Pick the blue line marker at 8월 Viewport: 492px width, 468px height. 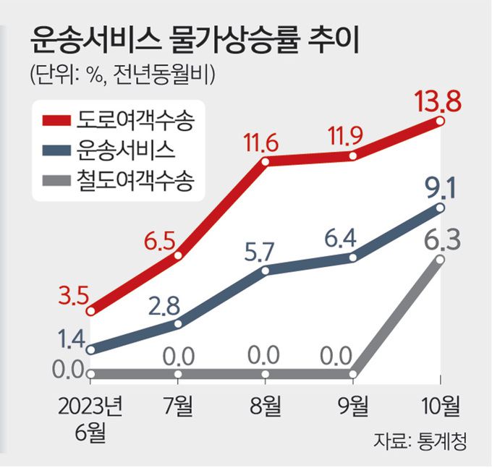click(265, 271)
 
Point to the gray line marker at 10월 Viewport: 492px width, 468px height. click(441, 258)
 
